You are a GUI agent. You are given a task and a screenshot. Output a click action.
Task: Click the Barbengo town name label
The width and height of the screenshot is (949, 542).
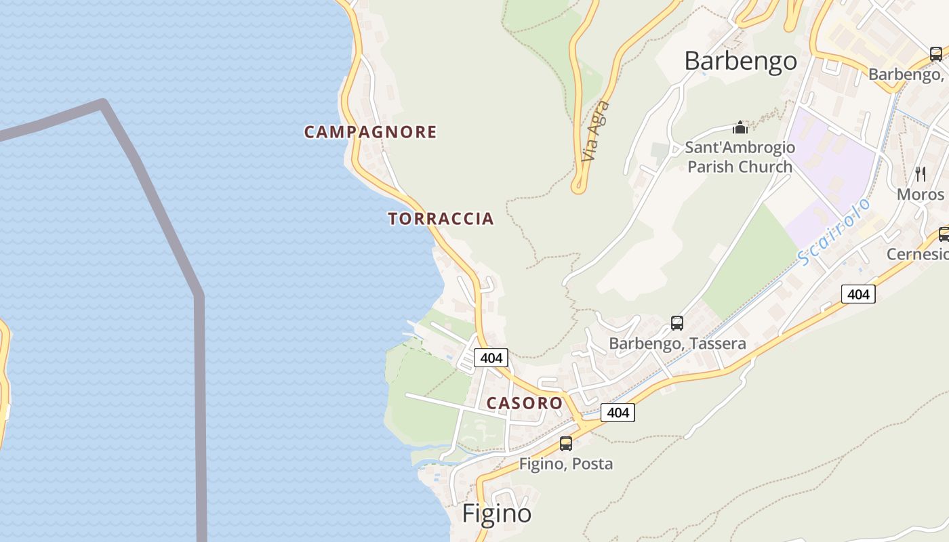(740, 61)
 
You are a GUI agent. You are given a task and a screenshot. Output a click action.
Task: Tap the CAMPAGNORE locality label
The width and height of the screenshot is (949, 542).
(370, 132)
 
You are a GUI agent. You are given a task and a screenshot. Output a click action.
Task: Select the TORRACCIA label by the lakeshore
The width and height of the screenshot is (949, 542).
(441, 219)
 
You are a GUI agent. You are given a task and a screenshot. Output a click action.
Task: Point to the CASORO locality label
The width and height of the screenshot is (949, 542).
(525, 403)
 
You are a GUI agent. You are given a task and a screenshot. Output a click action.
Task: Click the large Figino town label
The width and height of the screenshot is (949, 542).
(497, 514)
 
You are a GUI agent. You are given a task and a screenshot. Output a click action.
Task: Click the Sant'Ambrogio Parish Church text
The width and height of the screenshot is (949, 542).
(740, 157)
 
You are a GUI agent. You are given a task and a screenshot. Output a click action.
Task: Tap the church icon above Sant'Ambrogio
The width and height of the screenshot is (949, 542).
(740, 127)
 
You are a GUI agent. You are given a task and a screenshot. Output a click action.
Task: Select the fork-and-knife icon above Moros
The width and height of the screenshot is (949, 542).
(920, 174)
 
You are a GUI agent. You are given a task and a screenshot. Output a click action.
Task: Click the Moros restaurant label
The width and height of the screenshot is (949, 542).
(920, 194)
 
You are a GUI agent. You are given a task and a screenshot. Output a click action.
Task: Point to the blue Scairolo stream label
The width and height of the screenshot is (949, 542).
(833, 231)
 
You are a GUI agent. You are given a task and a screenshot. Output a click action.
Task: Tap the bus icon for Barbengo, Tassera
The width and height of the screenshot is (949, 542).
(677, 323)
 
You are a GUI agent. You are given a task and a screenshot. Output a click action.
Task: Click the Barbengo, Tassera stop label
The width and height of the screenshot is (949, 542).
(677, 343)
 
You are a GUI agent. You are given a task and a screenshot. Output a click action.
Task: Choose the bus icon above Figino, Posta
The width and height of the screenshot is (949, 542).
(565, 444)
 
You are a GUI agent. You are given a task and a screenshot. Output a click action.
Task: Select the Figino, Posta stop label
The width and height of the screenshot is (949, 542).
(565, 464)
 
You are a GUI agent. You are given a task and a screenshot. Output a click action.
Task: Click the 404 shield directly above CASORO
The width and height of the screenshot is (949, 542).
(490, 357)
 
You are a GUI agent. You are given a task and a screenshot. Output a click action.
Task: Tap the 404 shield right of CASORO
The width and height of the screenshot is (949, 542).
(618, 412)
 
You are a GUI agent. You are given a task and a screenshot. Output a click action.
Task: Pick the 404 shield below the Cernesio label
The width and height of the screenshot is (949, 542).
(858, 294)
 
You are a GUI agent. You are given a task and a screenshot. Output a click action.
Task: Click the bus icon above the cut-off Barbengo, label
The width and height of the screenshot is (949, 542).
(935, 54)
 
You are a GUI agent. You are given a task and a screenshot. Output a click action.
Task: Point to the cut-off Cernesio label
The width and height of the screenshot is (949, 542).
(918, 254)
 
